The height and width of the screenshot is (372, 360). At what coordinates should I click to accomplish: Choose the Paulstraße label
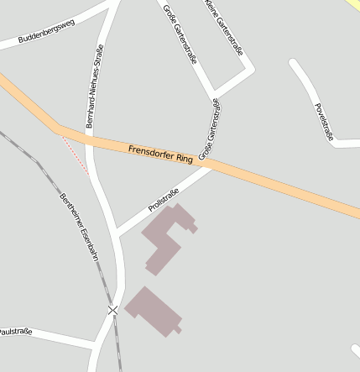tap(16, 333)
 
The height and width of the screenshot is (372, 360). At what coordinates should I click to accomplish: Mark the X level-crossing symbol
tap(113, 311)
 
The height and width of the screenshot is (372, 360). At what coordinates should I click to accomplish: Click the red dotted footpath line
tap(76, 155)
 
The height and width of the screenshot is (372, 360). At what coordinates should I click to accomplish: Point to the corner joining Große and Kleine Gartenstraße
tap(215, 91)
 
